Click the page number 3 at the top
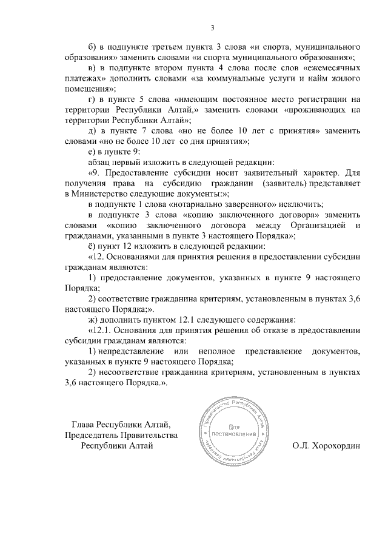pos(213,27)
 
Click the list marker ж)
pos(94,319)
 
